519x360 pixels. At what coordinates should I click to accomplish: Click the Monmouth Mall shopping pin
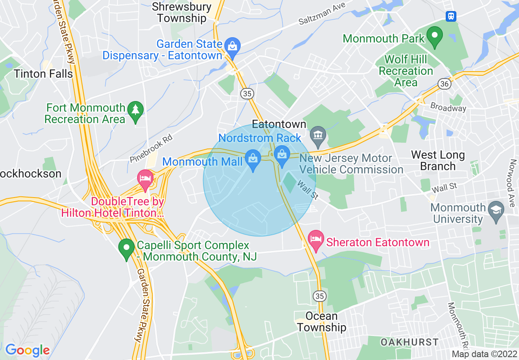[253, 158]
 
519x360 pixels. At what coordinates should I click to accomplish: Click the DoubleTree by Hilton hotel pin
[145, 179]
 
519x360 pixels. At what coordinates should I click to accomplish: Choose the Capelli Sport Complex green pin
[126, 248]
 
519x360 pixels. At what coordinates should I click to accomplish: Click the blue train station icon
[451, 16]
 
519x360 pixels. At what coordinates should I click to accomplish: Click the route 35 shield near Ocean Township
[320, 295]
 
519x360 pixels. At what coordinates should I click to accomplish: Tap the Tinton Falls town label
[43, 74]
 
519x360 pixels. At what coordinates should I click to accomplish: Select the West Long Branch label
[438, 160]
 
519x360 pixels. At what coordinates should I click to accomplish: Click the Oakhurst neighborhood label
[409, 342]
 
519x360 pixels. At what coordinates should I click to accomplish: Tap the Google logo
[27, 350]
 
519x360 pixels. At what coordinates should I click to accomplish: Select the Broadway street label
[448, 108]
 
